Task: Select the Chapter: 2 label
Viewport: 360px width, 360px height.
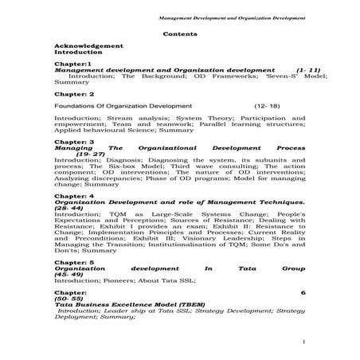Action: (75, 92)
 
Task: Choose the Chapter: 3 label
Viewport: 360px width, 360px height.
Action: (74, 142)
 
